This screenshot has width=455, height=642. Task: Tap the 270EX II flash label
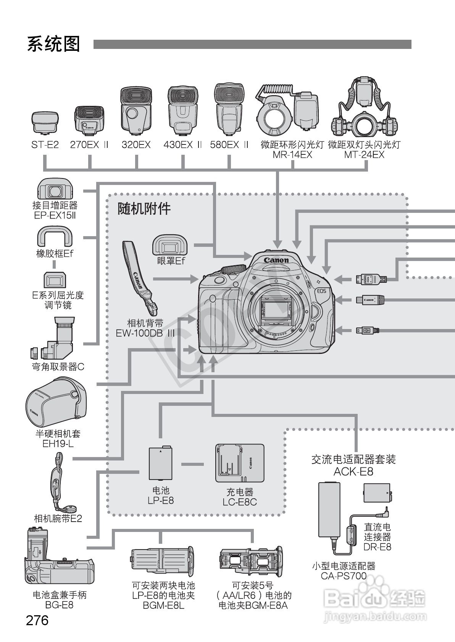point(89,145)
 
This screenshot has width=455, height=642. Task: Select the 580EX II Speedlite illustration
point(229,109)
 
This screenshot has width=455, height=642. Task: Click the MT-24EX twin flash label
point(364,150)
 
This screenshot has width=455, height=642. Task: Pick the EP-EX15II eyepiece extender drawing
point(55,189)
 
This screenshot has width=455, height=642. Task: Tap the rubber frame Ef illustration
point(55,237)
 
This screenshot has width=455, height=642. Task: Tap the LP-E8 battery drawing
point(161,463)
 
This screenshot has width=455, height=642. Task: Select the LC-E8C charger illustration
point(240,463)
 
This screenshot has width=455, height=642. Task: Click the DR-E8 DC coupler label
point(377,537)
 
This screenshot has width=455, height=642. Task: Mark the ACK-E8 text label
point(353,472)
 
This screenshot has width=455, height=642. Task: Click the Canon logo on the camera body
point(276,260)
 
